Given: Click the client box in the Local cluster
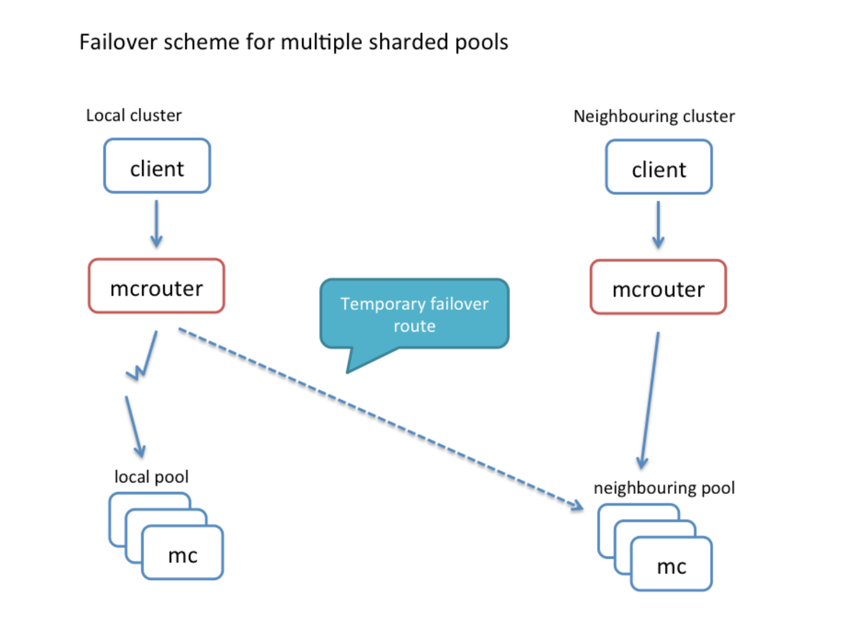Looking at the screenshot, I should (157, 166).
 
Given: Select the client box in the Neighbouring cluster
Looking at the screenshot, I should (658, 167).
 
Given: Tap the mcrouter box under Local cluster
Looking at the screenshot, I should (156, 286).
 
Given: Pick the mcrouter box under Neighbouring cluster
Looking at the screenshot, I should (658, 287).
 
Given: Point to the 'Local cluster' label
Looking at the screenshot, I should (133, 116).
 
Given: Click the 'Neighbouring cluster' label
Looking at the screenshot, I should (654, 116).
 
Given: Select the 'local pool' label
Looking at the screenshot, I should (151, 477).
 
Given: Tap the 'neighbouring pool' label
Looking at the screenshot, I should (664, 488).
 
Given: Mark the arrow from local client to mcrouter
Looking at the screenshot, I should (156, 224).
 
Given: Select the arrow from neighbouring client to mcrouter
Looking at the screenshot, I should (658, 225).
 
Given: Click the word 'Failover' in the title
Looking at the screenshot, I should (117, 42).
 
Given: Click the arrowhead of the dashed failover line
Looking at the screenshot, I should (577, 507).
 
